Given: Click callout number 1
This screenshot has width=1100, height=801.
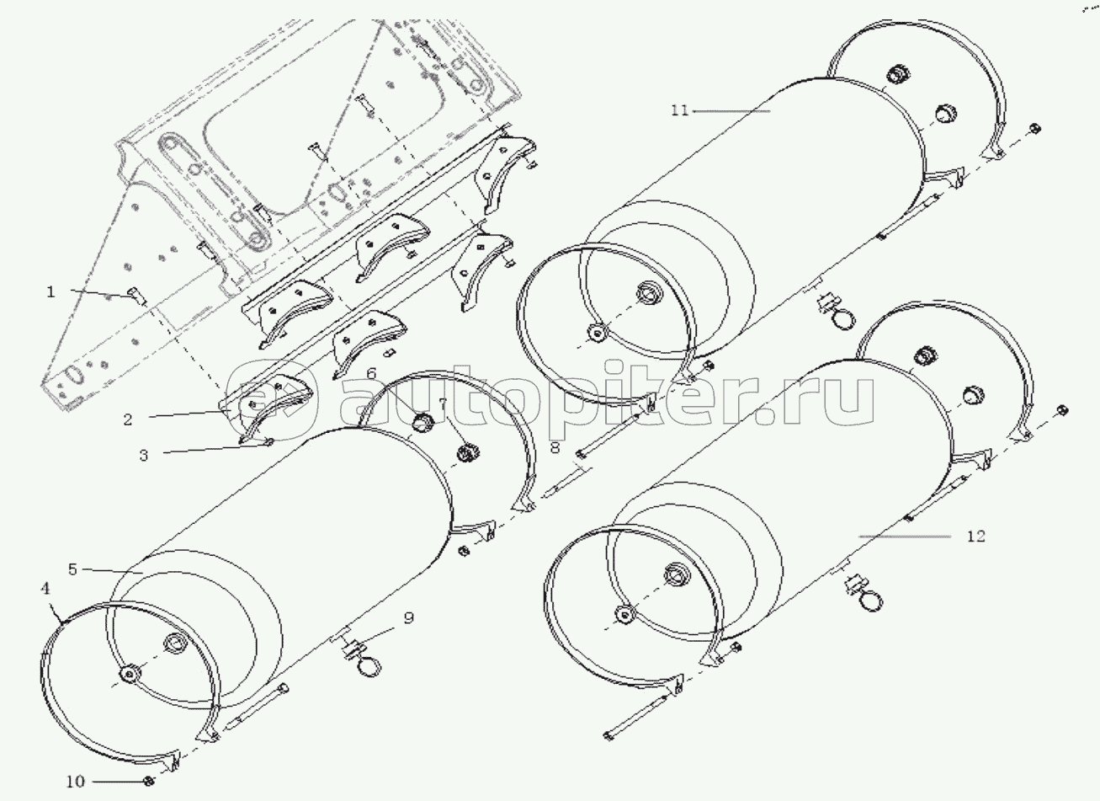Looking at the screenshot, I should [x=50, y=292].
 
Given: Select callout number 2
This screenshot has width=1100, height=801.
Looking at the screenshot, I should [x=128, y=419].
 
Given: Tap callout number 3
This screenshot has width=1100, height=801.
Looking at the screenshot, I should [x=144, y=455].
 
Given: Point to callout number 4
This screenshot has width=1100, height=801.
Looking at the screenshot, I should [x=45, y=590].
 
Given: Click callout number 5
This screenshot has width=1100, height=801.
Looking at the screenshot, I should [x=73, y=569].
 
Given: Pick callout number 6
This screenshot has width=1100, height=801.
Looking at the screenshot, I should [x=371, y=371].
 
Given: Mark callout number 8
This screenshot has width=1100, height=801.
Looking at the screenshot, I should [x=555, y=449].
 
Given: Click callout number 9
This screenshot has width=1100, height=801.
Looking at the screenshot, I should [x=408, y=619].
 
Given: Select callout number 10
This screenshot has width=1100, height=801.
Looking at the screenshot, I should [x=75, y=782].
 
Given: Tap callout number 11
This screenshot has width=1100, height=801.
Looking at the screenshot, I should [x=680, y=110].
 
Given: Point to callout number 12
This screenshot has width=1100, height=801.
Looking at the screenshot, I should [x=975, y=536].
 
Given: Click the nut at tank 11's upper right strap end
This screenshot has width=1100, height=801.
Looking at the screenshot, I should [x=1034, y=128].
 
